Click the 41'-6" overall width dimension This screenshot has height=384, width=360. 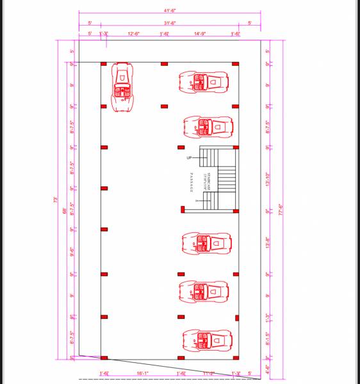[170, 11]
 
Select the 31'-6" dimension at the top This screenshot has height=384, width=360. [170, 23]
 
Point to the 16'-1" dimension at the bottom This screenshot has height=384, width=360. [142, 373]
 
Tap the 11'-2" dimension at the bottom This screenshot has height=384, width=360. [208, 373]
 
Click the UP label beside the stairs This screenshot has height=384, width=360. [189, 157]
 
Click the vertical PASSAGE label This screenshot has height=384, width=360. [192, 182]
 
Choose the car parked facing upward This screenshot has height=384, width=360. [123, 86]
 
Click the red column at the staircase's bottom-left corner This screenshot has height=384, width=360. [183, 209]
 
